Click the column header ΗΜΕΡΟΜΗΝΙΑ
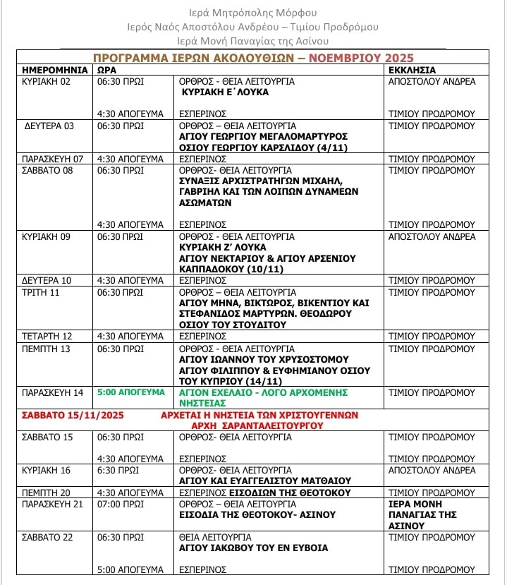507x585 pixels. [54, 70]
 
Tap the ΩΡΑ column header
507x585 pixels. [107, 70]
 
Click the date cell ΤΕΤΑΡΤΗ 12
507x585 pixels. [47, 337]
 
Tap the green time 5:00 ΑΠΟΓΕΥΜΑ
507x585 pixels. [130, 392]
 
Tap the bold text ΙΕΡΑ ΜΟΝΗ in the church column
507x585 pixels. [417, 504]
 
